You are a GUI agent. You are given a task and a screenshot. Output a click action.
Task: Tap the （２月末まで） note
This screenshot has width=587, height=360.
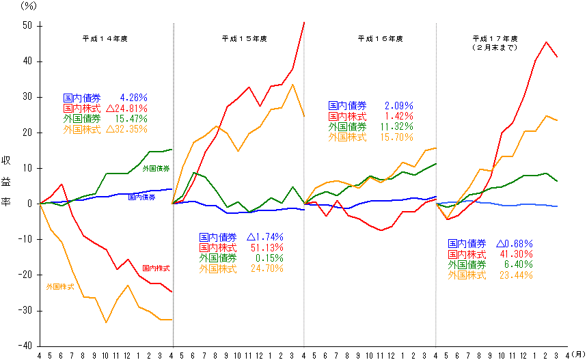point(495,48)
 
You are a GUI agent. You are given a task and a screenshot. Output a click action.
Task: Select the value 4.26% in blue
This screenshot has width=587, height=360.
point(133,98)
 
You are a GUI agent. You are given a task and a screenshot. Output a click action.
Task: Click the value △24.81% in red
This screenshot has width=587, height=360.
point(127,108)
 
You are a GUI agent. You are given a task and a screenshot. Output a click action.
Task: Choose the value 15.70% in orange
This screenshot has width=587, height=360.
point(398,137)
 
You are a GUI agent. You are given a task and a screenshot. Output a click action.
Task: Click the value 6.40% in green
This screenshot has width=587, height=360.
point(520,264)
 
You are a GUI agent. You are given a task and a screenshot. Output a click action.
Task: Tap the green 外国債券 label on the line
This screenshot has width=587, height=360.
point(156,168)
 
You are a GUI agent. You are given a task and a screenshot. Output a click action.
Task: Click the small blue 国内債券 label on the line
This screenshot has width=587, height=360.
point(141,197)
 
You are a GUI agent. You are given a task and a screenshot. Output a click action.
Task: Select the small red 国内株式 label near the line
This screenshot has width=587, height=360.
point(156,268)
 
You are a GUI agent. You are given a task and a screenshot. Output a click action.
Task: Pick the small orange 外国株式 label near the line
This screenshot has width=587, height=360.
point(60,286)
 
